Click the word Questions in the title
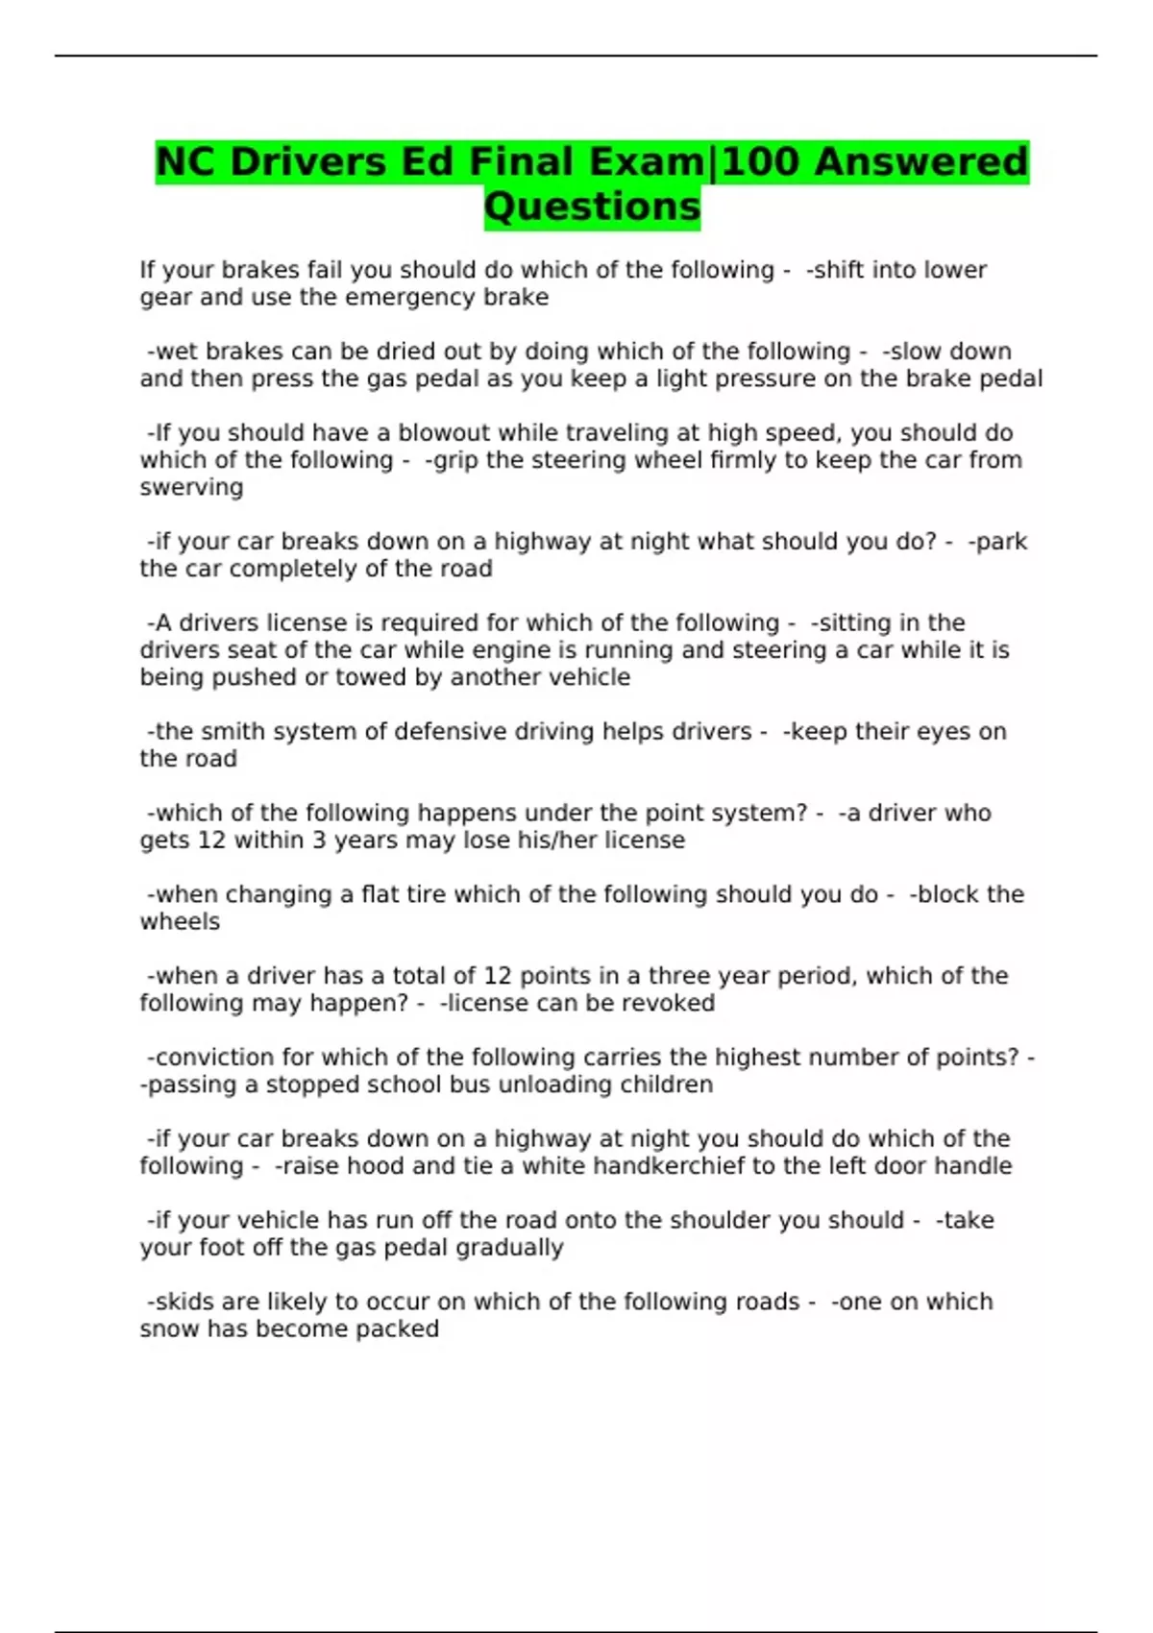coord(592,207)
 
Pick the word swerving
coord(191,487)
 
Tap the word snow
coord(163,1329)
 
